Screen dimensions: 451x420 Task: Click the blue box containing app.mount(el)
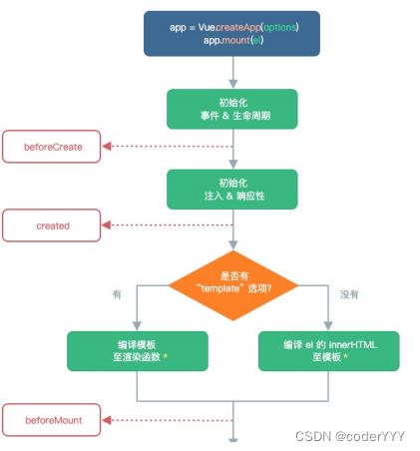231,33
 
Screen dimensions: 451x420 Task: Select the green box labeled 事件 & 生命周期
231,109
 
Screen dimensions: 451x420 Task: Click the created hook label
53,225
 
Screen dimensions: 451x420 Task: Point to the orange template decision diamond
231,282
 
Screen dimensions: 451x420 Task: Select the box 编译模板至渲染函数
137,350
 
